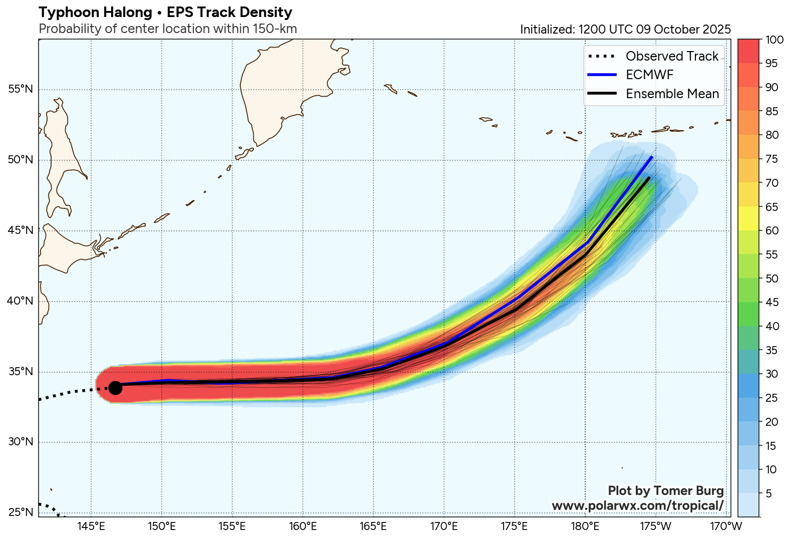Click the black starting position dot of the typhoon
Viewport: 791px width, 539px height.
(x=115, y=387)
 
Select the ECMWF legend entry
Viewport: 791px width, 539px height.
(x=649, y=75)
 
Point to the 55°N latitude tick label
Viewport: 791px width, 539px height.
(x=21, y=89)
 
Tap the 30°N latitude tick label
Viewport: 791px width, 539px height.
(x=21, y=442)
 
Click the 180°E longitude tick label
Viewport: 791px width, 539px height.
(x=585, y=526)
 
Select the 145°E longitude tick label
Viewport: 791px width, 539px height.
(x=91, y=526)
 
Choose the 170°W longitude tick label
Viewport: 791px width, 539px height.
(x=726, y=526)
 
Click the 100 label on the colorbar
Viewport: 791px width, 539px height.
(x=774, y=40)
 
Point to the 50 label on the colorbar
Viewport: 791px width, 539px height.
(x=772, y=279)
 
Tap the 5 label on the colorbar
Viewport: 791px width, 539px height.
(x=769, y=493)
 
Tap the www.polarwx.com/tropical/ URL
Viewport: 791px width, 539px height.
(x=637, y=505)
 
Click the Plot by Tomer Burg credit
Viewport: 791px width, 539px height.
(x=665, y=490)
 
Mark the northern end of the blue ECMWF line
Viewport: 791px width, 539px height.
(x=652, y=157)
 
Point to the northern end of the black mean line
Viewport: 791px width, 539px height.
(x=649, y=177)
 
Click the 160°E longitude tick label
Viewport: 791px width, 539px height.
(x=303, y=526)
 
